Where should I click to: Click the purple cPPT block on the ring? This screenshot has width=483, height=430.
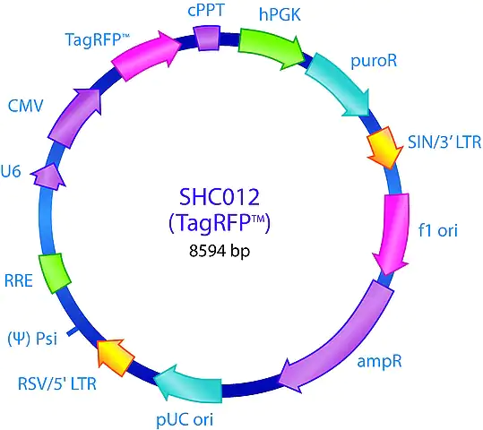click(207, 39)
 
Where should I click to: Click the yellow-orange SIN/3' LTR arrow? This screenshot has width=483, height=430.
click(384, 147)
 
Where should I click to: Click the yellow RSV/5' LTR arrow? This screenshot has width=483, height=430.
click(115, 357)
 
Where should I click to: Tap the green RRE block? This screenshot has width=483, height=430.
click(55, 273)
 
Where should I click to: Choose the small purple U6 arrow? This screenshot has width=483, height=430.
click(47, 176)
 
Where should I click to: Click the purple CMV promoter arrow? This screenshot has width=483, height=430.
click(73, 118)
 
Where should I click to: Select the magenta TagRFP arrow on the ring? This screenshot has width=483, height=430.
click(145, 56)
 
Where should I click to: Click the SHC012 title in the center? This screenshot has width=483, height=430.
click(220, 197)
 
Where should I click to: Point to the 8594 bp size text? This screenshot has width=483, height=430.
click(220, 251)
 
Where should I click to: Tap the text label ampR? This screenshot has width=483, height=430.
click(379, 361)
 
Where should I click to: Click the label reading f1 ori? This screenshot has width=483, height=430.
click(437, 230)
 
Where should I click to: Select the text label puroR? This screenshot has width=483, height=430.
click(374, 61)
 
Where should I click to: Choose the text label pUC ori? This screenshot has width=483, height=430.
click(185, 419)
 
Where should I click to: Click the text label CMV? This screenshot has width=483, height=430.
click(26, 107)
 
